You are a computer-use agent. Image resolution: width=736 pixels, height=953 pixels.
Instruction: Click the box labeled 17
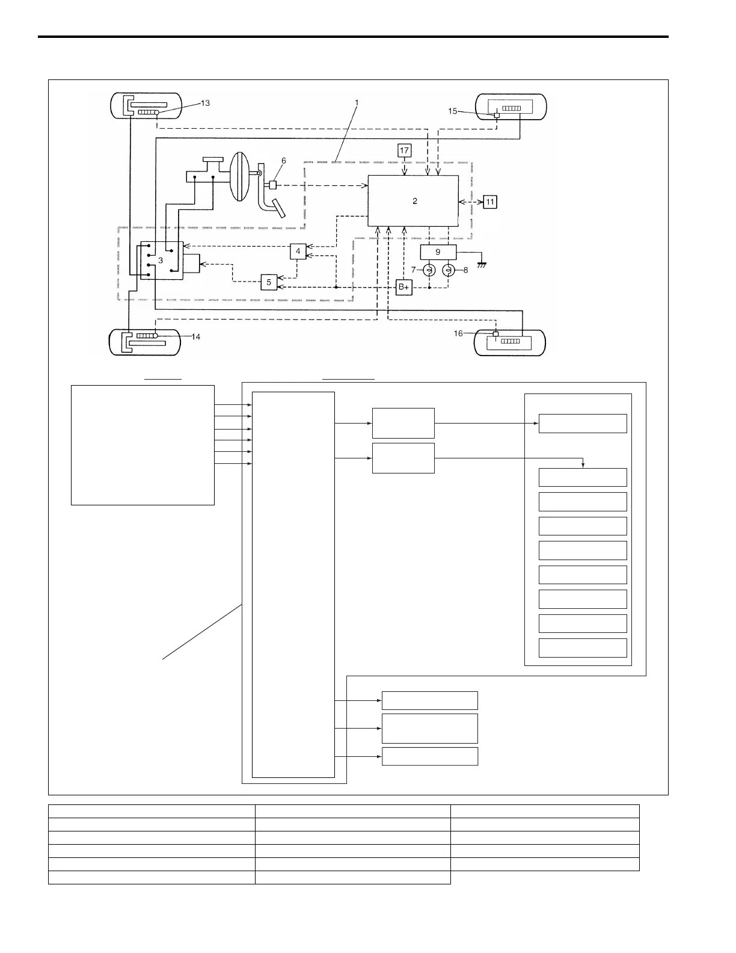[405, 151]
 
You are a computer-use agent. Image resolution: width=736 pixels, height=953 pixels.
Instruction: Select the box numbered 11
[490, 202]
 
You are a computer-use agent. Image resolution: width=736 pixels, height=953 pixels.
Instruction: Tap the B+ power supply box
[403, 288]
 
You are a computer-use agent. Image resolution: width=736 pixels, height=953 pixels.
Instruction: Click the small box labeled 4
[298, 251]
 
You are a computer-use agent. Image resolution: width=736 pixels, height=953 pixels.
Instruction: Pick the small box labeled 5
[269, 282]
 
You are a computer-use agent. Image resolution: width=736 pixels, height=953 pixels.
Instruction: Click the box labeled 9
[438, 252]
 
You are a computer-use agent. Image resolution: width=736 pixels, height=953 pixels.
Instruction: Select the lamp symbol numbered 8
[448, 271]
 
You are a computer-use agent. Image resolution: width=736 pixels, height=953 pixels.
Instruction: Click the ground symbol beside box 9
[480, 264]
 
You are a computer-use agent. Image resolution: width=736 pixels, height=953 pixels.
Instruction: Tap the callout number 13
[204, 103]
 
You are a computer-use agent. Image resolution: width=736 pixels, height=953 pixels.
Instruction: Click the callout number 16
[459, 333]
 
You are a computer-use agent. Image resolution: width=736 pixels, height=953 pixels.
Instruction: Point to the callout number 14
[196, 337]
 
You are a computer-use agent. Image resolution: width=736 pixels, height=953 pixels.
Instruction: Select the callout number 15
[453, 111]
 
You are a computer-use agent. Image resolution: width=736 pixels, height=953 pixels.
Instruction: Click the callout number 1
[357, 103]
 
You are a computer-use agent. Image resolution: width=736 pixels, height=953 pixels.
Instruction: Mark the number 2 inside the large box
[414, 202]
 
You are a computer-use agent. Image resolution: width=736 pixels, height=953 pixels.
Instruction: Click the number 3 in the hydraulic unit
[161, 261]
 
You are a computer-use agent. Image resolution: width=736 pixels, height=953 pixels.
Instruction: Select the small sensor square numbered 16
[495, 334]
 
